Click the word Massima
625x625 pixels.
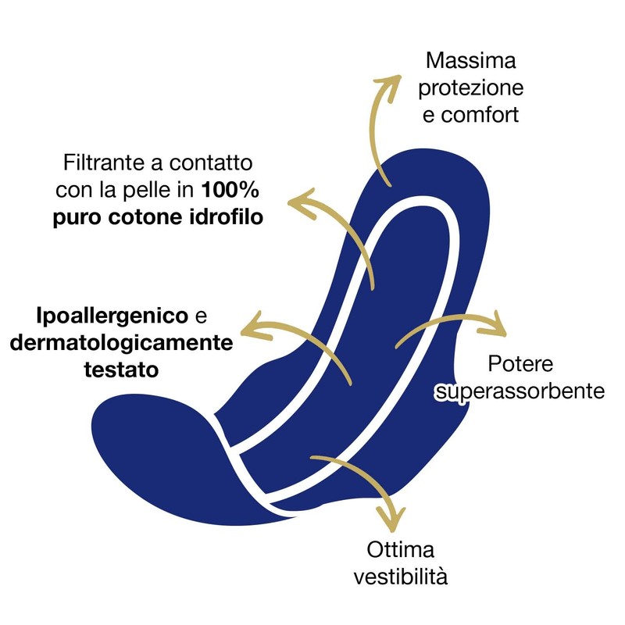(471, 61)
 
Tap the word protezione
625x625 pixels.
(471, 88)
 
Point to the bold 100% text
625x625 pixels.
(230, 189)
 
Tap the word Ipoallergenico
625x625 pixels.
(112, 316)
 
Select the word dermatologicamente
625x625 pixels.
(121, 343)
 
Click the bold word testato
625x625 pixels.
(121, 370)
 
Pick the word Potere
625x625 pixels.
(520, 363)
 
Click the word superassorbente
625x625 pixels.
(520, 391)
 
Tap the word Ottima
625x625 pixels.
(400, 550)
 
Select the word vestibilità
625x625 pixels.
(400, 576)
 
